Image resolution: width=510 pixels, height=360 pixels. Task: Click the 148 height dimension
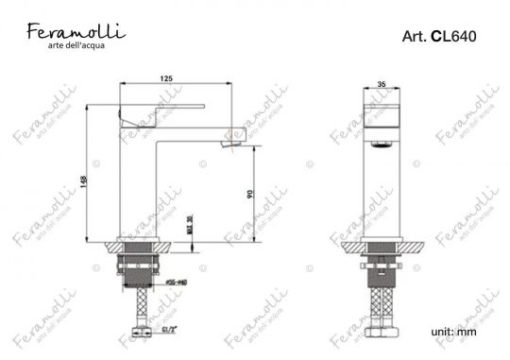[83, 182]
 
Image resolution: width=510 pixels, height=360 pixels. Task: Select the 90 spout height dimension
[249, 194]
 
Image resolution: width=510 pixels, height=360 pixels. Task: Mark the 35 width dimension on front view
[382, 82]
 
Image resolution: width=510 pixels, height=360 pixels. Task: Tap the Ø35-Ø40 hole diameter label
[177, 281]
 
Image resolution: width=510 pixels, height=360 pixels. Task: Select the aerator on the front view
[382, 143]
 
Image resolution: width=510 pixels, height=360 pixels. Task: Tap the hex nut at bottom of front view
[382, 334]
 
